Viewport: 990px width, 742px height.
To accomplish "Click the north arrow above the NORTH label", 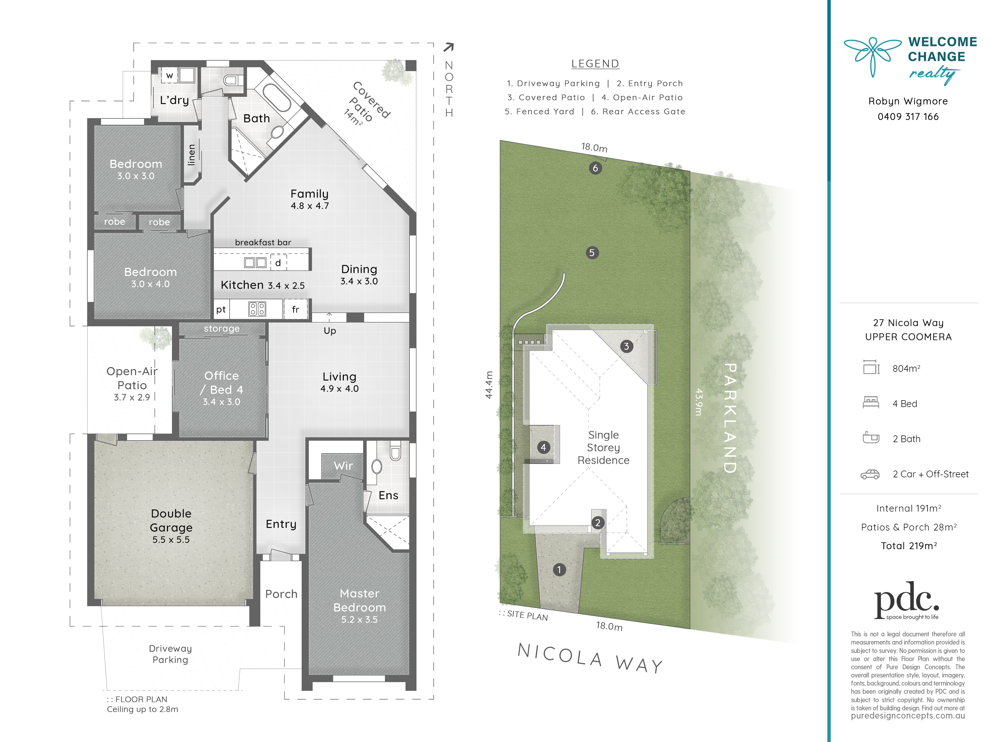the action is pos(449,47).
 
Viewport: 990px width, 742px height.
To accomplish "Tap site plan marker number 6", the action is pos(595,168).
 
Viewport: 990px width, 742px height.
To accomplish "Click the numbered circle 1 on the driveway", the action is pos(559,570).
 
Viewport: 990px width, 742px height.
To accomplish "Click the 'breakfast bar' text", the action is pos(263,242).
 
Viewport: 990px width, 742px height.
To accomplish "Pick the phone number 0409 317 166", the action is pos(908,117).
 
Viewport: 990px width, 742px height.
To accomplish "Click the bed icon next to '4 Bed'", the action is pos(870,403).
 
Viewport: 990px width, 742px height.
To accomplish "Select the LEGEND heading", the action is pos(595,64).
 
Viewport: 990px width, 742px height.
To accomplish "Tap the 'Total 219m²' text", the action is pos(909,546).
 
